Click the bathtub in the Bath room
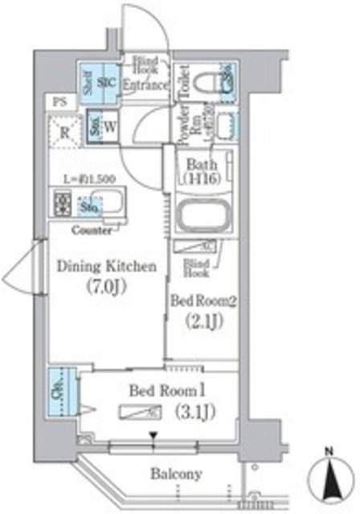[206, 216]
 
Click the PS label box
[60, 101]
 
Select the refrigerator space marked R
[64, 131]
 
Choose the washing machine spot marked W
[111, 127]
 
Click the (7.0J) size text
[104, 288]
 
